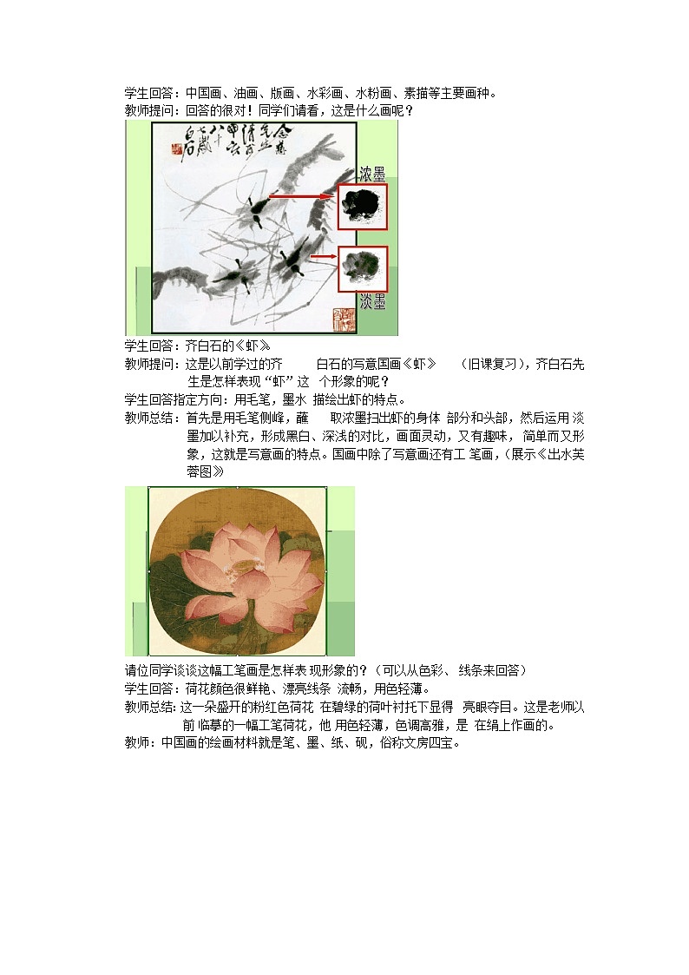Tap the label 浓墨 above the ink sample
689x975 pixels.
pos(372,175)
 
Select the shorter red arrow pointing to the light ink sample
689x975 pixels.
pos(323,257)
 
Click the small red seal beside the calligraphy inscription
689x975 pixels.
pos(181,150)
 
